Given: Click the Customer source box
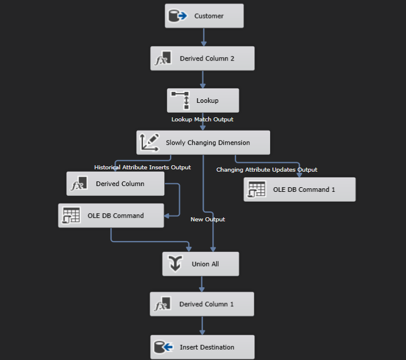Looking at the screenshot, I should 204,16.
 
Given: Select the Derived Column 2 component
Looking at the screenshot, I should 202,58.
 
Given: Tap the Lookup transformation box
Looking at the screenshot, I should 202,101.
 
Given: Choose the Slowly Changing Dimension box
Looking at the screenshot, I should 203,143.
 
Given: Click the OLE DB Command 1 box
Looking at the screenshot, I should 300,190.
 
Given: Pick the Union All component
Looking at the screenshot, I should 200,264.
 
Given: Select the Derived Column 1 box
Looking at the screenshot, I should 202,304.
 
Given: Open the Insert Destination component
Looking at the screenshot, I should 202,347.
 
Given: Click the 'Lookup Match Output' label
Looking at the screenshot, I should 202,120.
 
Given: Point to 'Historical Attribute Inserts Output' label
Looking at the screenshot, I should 142,168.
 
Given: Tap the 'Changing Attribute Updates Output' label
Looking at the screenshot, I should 267,170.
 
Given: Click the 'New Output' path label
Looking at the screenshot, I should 208,220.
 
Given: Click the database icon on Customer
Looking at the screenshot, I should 177,16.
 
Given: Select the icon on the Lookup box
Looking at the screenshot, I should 180,101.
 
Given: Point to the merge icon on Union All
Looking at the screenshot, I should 175,264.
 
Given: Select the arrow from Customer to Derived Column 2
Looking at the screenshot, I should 204,37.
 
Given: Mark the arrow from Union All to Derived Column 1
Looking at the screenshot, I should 202,284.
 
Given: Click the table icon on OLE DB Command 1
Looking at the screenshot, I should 256,190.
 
